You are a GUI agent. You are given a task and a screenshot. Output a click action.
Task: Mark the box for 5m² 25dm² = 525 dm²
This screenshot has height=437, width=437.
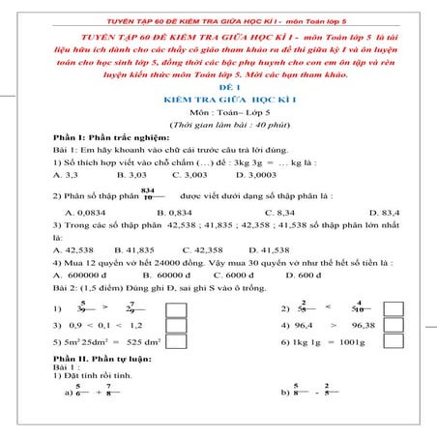coord(177,345)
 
